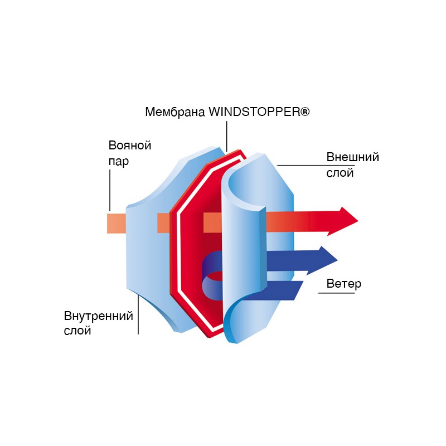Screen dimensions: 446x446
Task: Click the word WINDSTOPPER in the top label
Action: pos(254,111)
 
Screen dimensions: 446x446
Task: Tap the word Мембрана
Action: pos(175,112)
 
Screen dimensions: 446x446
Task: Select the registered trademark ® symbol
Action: pos(304,111)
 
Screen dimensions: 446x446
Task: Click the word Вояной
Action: pos(130,146)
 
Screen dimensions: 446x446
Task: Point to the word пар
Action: pos(119,161)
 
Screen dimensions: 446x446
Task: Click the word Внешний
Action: pos(353,157)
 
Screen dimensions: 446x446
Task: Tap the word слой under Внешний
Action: pos(340,173)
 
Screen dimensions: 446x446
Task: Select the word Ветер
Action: pos(344,284)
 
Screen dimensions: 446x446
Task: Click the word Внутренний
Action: pos(99,316)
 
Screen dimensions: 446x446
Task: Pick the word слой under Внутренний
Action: pos(77,331)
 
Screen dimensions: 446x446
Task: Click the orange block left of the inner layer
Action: pos(117,224)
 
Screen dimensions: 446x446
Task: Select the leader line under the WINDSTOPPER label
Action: pos(227,136)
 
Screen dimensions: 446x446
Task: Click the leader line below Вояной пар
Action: pos(110,190)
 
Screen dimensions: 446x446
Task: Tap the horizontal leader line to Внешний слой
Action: pos(316,165)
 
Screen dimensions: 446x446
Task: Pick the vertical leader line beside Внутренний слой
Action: pos(138,314)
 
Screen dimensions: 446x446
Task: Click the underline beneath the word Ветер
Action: pos(337,293)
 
